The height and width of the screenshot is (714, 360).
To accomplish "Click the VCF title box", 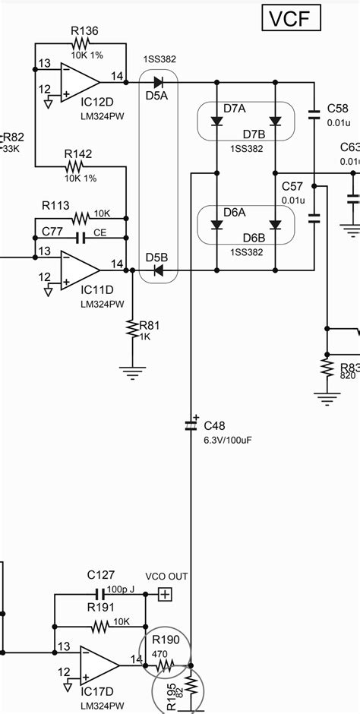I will [289, 18].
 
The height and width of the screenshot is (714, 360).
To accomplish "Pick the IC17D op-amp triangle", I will [99, 665].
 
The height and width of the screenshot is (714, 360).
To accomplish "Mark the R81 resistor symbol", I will [133, 329].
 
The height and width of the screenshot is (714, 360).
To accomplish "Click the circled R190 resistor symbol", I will [166, 666].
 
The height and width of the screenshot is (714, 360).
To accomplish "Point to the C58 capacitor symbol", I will [314, 116].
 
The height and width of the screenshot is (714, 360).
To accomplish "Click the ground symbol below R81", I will [133, 371].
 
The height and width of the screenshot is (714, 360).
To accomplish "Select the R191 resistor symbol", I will [99, 627].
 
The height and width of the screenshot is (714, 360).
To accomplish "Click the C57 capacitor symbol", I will [314, 218].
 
